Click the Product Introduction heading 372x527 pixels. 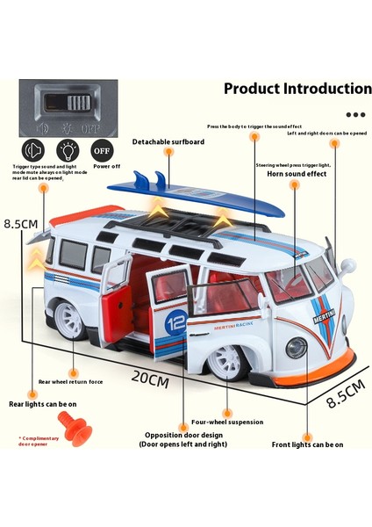click(297, 89)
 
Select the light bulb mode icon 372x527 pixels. click(68, 148)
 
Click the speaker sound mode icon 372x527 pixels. click(32, 148)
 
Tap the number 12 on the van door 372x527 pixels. click(176, 321)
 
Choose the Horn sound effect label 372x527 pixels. click(297, 174)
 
